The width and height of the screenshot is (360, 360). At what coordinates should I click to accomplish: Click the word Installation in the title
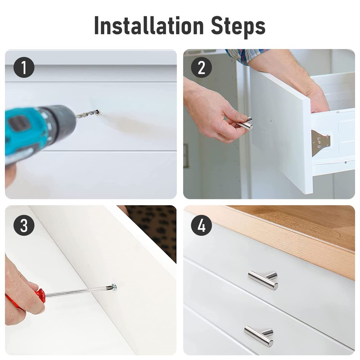[149, 26]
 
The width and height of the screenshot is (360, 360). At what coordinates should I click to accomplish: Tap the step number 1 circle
[24, 67]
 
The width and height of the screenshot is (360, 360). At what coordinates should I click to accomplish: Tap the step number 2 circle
[201, 67]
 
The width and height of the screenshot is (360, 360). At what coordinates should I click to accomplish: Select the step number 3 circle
[24, 225]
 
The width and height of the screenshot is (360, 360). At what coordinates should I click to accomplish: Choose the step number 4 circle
[201, 225]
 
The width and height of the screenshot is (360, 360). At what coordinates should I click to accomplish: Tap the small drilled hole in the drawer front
[271, 120]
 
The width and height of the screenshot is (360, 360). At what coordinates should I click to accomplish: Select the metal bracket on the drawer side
[320, 143]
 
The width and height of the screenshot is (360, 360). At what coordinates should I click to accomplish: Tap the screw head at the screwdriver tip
[114, 286]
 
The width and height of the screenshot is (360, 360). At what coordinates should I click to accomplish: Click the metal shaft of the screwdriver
[78, 291]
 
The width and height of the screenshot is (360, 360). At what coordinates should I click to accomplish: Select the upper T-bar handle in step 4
[263, 280]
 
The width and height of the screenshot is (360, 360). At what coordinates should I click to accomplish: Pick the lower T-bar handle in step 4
[259, 336]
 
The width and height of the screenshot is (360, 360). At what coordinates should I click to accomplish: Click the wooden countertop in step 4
[287, 232]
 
